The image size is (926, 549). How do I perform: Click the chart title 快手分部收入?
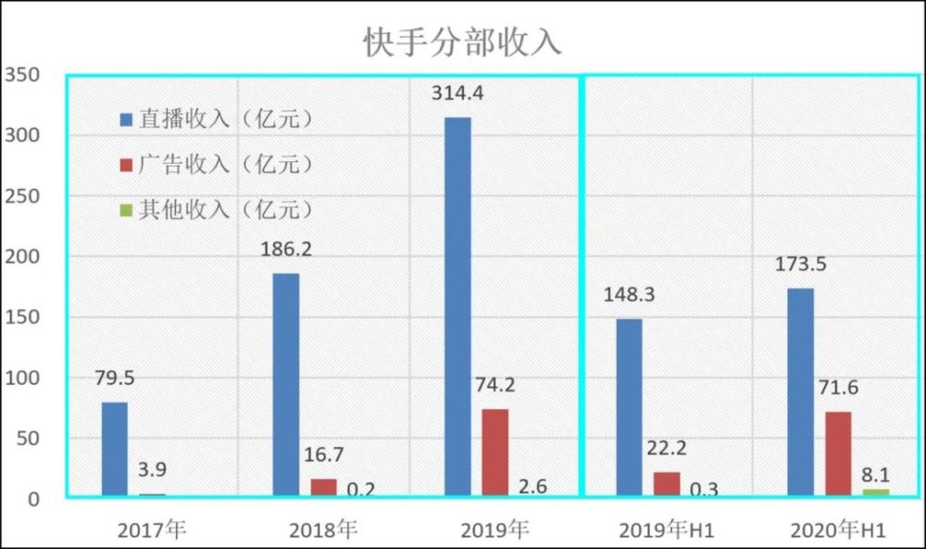(x=462, y=42)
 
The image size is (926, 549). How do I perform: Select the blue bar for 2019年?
(x=457, y=306)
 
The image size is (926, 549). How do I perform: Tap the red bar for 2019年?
(x=494, y=452)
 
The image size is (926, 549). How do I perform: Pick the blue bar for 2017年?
(x=115, y=449)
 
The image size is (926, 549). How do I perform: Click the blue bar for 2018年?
(x=286, y=384)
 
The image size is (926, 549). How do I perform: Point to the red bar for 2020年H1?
(x=838, y=454)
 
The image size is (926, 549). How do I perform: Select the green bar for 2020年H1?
(x=876, y=493)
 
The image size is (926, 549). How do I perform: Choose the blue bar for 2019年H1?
(x=629, y=407)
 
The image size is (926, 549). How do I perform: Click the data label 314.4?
(x=457, y=94)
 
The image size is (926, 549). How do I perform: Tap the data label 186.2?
(x=286, y=249)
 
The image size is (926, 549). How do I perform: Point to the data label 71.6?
(x=838, y=388)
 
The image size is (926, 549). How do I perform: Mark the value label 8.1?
(x=876, y=475)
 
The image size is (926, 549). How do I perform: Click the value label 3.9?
(x=153, y=470)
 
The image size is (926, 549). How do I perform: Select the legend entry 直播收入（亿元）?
(x=216, y=119)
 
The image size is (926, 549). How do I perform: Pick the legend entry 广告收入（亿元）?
(x=216, y=164)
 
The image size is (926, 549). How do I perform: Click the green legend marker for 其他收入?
(x=126, y=210)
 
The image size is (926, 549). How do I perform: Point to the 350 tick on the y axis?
(x=22, y=75)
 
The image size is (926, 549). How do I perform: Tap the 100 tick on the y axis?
(x=22, y=378)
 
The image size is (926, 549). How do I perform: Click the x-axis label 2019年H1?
(x=667, y=530)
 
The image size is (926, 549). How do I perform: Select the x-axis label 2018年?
(x=323, y=530)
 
